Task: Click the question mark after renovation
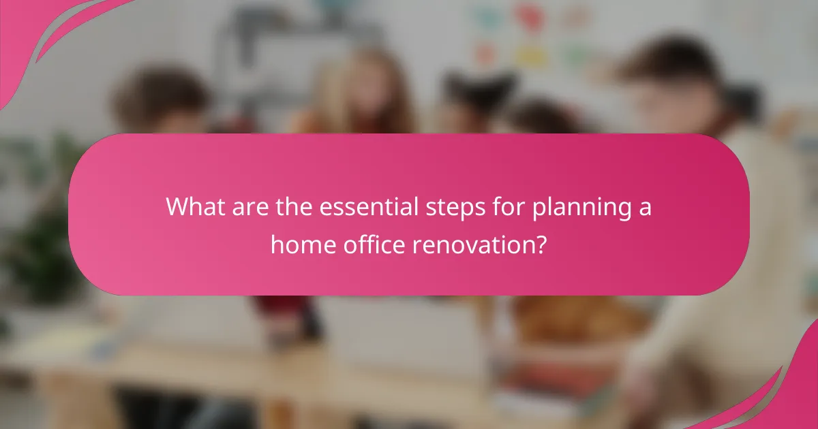point(540,243)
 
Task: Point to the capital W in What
point(179,206)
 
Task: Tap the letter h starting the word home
point(276,243)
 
